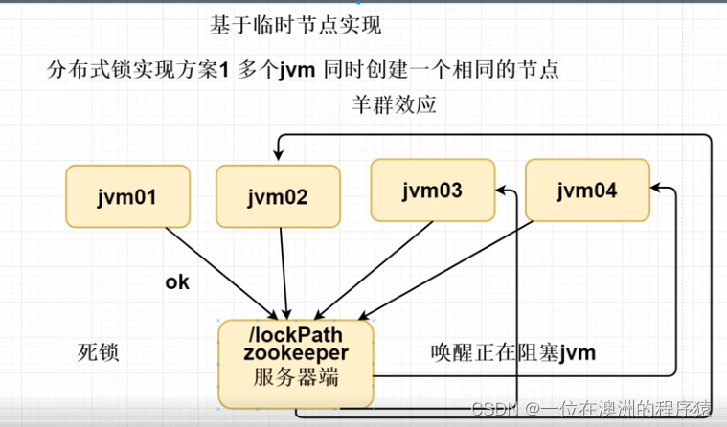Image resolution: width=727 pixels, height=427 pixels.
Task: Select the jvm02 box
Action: [x=278, y=198]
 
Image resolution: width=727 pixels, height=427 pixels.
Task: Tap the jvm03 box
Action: [x=433, y=190]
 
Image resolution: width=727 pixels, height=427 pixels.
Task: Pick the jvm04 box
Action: [x=587, y=190]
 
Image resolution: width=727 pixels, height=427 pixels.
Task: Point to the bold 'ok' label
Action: [x=178, y=282]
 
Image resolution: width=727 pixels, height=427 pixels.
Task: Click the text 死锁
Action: [x=98, y=352]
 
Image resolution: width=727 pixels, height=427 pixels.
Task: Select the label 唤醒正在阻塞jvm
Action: [x=512, y=352]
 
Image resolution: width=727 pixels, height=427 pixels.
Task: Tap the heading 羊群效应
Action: [x=395, y=105]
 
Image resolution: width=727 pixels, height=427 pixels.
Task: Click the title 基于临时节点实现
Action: [x=288, y=24]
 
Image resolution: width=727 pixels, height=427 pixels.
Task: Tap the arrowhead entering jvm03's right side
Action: [x=503, y=192]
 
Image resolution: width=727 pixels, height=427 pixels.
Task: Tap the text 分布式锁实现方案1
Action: [x=138, y=70]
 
